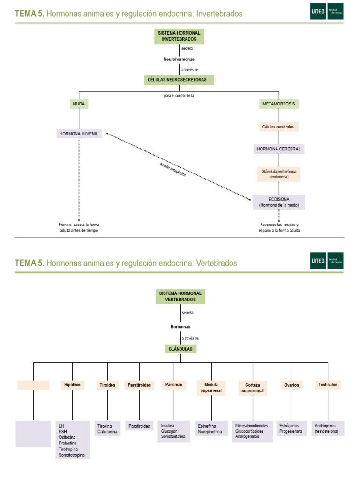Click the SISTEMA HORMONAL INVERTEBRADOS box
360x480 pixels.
coord(179,36)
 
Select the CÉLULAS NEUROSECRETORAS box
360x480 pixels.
coord(179,80)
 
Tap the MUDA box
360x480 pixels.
coord(79,104)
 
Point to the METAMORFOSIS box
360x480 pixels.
coord(279,104)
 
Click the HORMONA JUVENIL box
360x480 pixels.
coord(79,134)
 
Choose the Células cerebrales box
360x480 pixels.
coord(279,127)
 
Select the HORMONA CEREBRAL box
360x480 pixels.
coord(279,149)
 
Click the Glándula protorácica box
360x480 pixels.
coord(279,174)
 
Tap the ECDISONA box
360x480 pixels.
coord(279,202)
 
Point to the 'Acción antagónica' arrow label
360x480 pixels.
coord(172,170)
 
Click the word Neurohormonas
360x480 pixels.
coord(179,60)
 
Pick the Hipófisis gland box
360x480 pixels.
coord(72,385)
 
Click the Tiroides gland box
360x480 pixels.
coord(107,385)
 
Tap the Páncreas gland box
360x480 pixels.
coord(173,385)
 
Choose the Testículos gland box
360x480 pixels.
coord(327,385)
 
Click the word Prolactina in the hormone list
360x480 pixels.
coord(67,443)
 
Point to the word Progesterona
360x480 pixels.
coord(291,431)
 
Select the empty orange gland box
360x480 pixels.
coord(33,385)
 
